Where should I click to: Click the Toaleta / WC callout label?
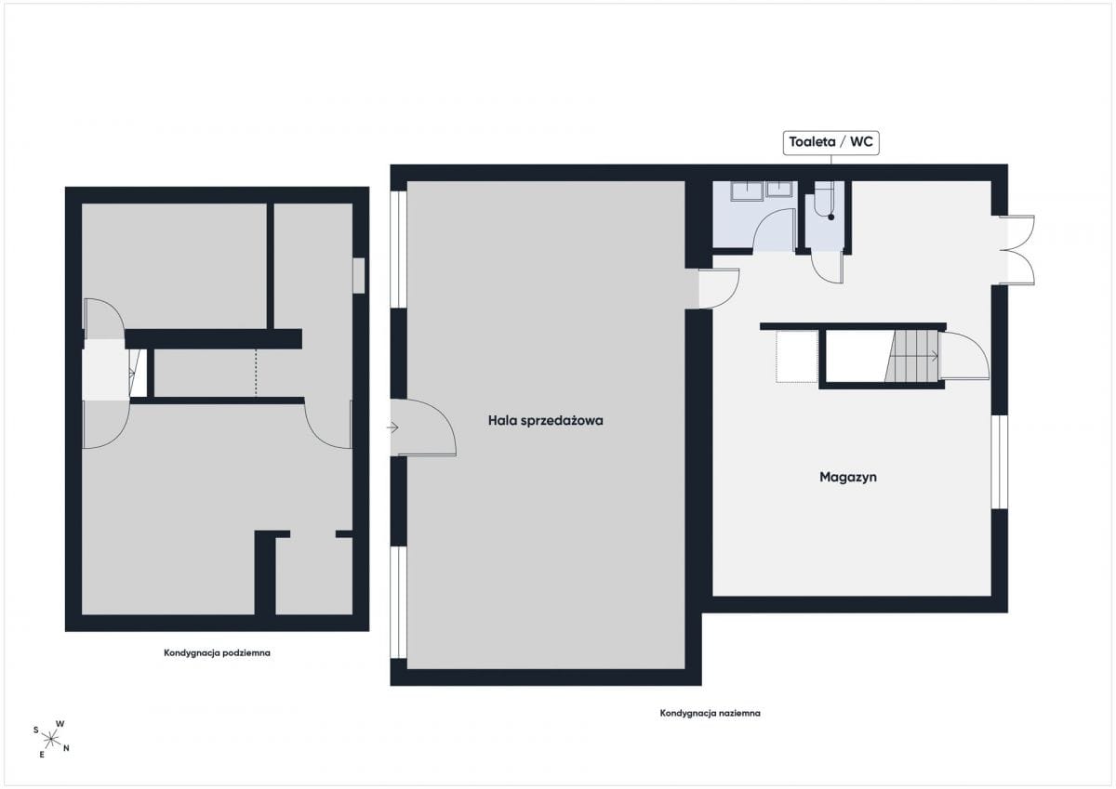point(830,142)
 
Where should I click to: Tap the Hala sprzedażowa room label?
point(546,421)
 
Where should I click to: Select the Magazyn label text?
point(848,477)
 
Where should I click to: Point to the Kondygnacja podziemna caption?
point(218,652)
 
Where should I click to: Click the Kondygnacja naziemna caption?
point(710,713)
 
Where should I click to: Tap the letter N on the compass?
point(66,748)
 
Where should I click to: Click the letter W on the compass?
point(60,723)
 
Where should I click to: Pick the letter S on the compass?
point(36,730)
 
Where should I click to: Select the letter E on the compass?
point(42,755)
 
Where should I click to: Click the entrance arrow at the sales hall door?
point(392,427)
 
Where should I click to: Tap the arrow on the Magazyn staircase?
point(931,357)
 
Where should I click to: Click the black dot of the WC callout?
point(831,217)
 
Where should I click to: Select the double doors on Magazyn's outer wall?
point(1019,250)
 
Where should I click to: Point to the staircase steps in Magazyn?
point(911,357)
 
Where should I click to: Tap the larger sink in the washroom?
point(746,191)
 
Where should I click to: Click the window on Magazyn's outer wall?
point(1000,462)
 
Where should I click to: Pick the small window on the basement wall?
point(359,276)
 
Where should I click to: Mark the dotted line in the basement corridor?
point(256,373)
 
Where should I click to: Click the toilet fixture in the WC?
point(823,198)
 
